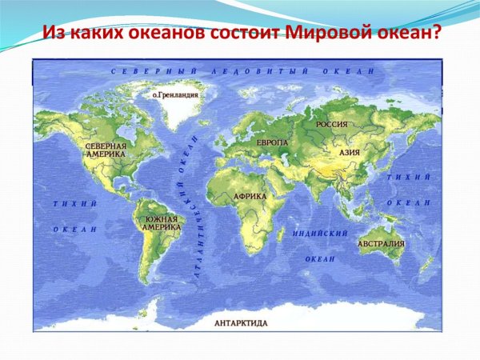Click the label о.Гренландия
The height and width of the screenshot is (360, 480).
tap(175, 94)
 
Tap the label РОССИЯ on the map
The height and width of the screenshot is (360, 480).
tap(330, 125)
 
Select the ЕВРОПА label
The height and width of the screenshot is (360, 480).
tap(272, 142)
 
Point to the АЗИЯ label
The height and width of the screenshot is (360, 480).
tap(349, 152)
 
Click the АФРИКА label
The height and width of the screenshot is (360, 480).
tap(249, 196)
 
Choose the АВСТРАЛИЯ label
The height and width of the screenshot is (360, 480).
tap(381, 243)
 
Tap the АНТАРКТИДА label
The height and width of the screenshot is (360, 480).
tap(241, 323)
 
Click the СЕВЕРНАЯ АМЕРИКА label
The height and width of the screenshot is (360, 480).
tap(106, 150)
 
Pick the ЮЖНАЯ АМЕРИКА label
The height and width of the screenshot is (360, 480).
tap(161, 222)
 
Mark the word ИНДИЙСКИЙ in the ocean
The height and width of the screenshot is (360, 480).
tap(320, 234)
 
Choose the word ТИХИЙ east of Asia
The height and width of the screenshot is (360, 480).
tap(408, 177)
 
